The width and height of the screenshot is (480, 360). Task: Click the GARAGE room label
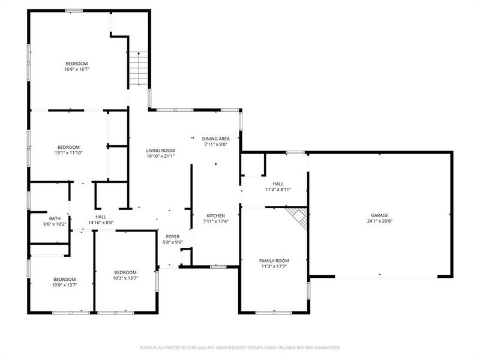pos(379,215)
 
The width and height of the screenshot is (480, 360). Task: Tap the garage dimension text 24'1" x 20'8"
pos(379,222)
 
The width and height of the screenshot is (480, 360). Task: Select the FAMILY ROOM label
pos(274,260)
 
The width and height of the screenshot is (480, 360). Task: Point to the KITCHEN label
pos(215,215)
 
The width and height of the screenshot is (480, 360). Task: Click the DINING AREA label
pos(215,138)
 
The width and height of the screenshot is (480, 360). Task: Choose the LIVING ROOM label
pos(160,151)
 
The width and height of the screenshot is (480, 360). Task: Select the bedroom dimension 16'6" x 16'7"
pos(77,70)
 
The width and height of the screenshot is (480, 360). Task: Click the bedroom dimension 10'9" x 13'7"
pos(64,286)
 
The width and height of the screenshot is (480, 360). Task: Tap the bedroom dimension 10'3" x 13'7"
pos(125,278)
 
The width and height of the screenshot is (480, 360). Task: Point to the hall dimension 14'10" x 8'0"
pos(100,223)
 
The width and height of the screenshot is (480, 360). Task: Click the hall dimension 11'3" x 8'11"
pos(278,190)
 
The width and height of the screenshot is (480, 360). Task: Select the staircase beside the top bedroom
pos(138,68)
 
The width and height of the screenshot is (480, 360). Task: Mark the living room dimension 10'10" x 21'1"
pos(160,157)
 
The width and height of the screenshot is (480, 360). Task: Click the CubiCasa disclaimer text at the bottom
pos(240,347)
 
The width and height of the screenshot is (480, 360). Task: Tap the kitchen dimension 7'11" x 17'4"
pos(215,222)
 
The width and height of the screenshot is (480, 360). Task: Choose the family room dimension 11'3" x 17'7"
pos(274,267)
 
